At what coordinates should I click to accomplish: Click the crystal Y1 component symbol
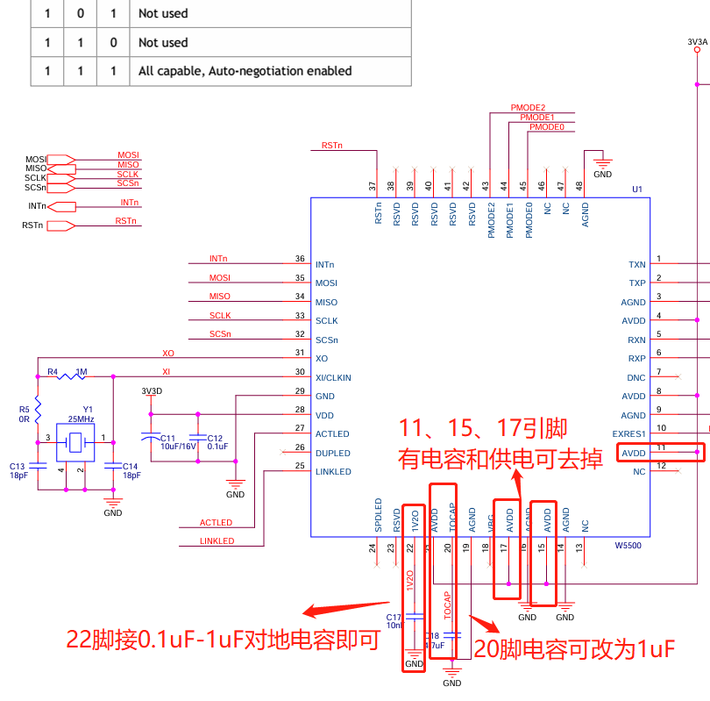point(75,442)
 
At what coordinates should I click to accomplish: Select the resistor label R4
point(52,372)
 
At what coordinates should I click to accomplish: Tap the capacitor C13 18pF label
point(18,470)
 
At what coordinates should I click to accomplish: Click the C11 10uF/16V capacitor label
point(178,441)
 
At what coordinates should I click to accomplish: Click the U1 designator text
point(637,190)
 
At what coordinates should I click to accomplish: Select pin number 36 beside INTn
point(300,259)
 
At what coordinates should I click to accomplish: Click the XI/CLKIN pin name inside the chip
point(333,377)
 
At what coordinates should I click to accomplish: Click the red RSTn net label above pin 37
point(331,145)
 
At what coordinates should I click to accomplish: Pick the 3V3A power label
point(697,41)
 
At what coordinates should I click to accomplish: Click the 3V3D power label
point(152,390)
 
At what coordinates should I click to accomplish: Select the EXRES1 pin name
point(628,434)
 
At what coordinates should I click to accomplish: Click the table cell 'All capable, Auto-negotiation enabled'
point(245,71)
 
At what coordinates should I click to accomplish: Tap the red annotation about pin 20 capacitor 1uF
point(573,649)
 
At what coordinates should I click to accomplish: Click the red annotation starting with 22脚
point(223,640)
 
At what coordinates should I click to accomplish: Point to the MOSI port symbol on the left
point(60,159)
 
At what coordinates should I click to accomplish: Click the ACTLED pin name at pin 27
point(332,434)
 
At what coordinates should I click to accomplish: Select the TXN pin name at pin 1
point(637,264)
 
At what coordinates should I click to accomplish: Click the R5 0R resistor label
point(24,413)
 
